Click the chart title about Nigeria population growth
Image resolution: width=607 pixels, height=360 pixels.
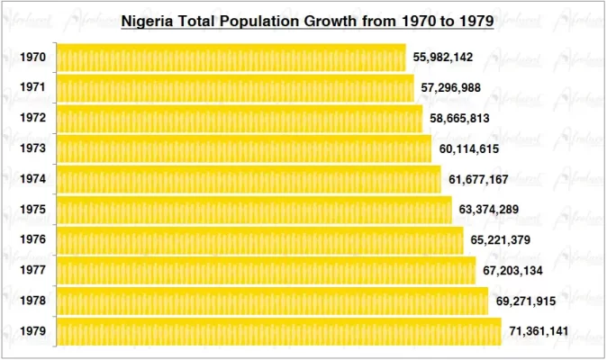coord(306,21)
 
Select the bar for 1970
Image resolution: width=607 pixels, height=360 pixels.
coord(231,58)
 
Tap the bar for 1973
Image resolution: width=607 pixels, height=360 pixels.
coord(243,148)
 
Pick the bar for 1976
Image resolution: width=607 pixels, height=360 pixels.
coord(260,240)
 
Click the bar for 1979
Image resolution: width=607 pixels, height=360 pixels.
coord(278,331)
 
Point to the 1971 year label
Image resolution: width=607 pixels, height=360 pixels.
coord(33,88)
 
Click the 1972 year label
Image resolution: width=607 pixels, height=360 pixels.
coord(33,118)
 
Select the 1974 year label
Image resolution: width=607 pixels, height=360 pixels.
coord(33,179)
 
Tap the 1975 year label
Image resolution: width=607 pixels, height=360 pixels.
coord(33,210)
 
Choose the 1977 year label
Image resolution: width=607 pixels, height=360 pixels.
coord(33,271)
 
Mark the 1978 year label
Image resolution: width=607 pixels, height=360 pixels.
coord(33,301)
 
